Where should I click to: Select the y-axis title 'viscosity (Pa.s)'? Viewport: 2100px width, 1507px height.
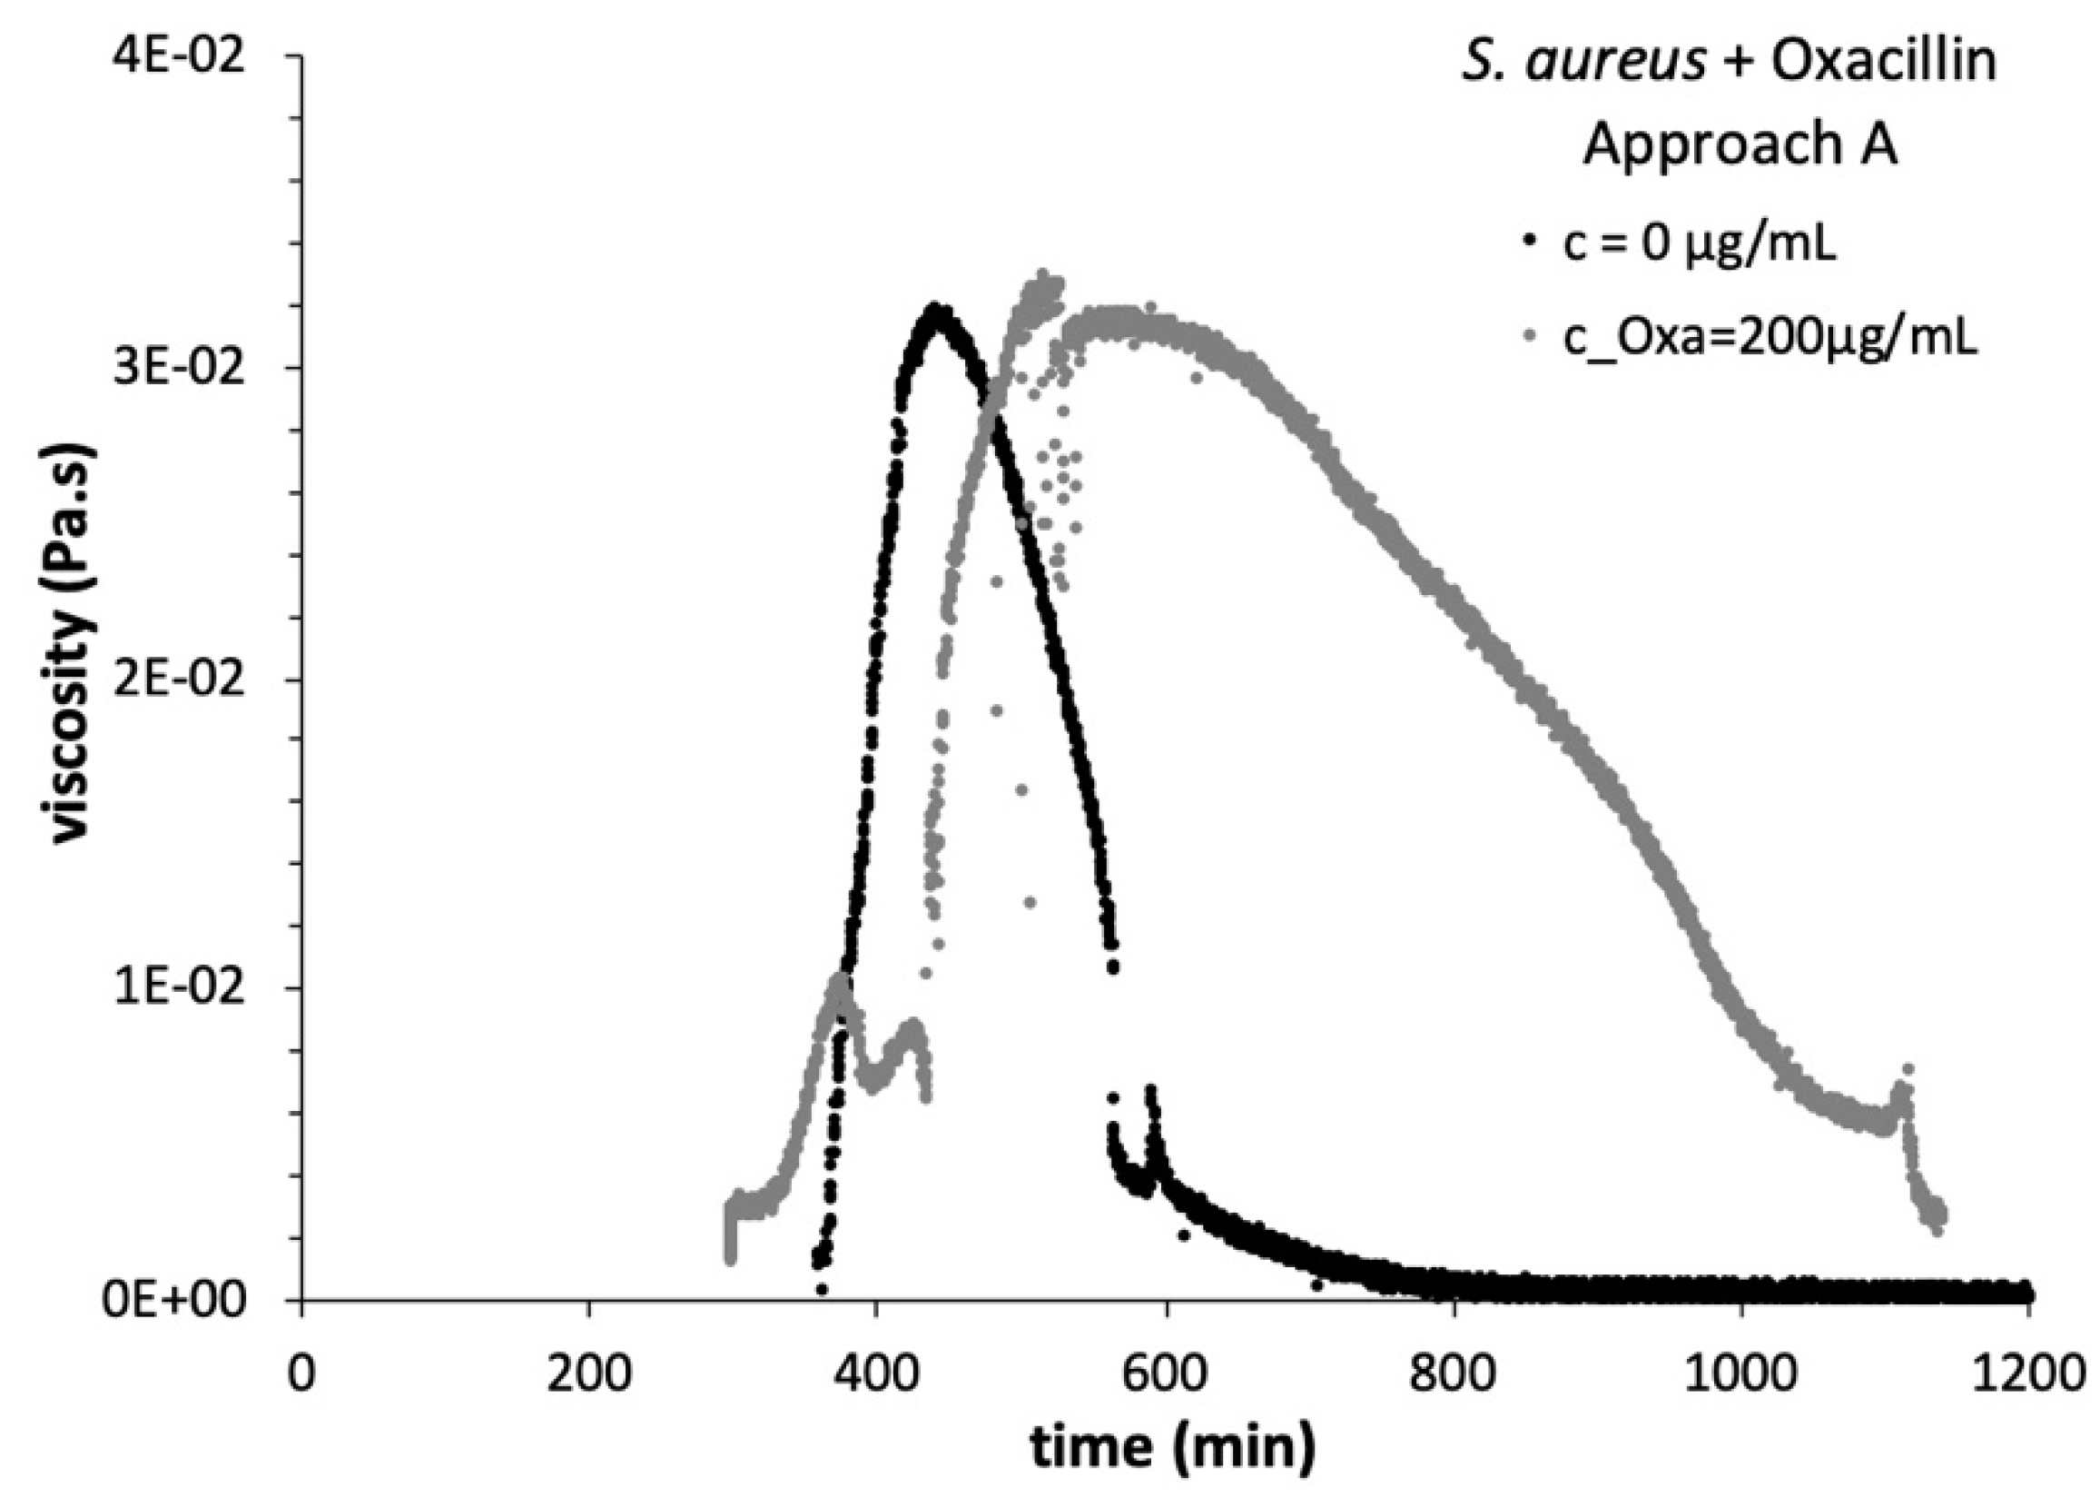tap(73, 645)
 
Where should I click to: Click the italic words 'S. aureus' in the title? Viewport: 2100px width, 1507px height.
tap(1583, 62)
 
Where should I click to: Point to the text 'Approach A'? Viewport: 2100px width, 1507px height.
tap(1740, 145)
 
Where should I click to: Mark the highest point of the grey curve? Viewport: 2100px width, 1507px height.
tap(1043, 275)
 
